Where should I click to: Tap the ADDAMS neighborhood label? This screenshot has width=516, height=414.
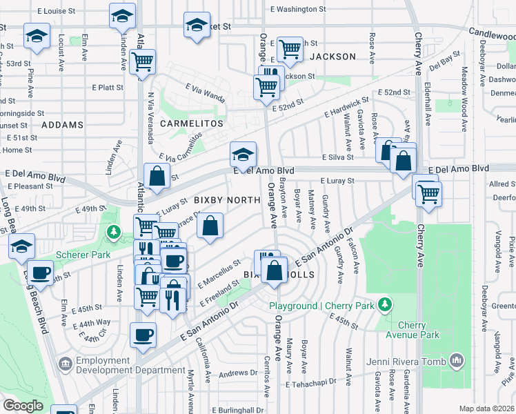pyautogui.click(x=62, y=125)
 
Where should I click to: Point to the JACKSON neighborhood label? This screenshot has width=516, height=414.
pyautogui.click(x=333, y=57)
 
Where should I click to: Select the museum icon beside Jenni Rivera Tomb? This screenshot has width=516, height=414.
pyautogui.click(x=456, y=359)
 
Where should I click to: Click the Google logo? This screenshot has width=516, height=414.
pyautogui.click(x=23, y=405)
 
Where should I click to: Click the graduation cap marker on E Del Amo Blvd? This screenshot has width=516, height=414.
pyautogui.click(x=243, y=155)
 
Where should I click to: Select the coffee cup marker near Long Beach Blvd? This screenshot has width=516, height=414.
pyautogui.click(x=40, y=272)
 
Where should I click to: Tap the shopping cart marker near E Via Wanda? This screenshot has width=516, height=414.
pyautogui.click(x=143, y=61)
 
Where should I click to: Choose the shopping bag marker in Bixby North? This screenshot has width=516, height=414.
pyautogui.click(x=210, y=225)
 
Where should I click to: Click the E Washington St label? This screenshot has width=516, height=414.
pyautogui.click(x=298, y=10)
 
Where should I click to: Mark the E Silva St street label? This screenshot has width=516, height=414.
pyautogui.click(x=337, y=157)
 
